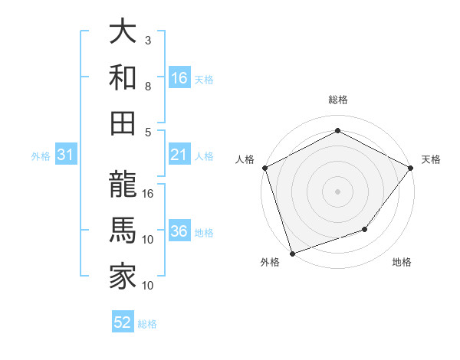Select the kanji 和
point(123,77)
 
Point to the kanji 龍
point(123,187)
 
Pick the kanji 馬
point(123,231)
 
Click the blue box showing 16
point(179,78)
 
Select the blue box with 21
point(179,155)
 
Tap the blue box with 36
point(179,231)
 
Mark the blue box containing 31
point(66,155)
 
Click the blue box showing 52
point(123,322)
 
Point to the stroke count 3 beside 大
point(148,39)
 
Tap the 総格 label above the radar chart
point(337,100)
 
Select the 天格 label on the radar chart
point(431,159)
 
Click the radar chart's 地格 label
point(402,262)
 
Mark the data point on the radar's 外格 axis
point(293,253)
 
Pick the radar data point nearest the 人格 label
point(265,168)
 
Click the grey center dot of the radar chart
point(337,191)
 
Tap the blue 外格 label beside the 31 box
point(41,156)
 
